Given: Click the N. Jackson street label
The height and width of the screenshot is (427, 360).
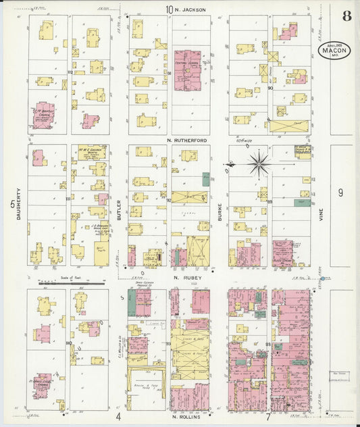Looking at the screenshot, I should pos(190,9).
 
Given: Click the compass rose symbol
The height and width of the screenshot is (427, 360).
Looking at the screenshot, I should pos(259,162).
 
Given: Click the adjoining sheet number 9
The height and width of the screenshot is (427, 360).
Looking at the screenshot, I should pos(340,193).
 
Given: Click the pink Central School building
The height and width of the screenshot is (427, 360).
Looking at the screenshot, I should pos(188,70).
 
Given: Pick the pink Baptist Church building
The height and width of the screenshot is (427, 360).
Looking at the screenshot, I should pos(44,115).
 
